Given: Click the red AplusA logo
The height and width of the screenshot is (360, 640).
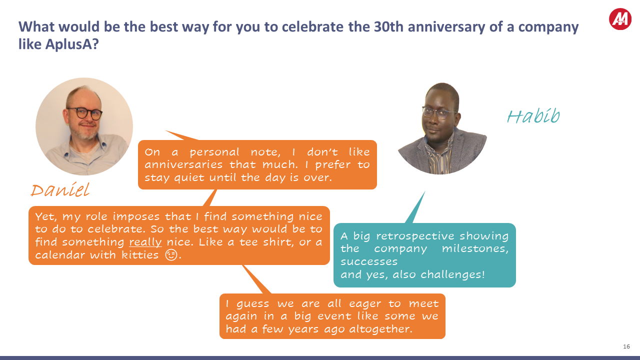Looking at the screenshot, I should (620, 19).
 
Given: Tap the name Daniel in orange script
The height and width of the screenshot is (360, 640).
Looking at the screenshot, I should (60, 190).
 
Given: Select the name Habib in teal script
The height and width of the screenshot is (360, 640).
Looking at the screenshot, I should (533, 116).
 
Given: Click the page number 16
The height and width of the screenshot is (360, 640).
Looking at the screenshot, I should (626, 346).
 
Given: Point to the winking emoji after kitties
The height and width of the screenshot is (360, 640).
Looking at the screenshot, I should (171, 255).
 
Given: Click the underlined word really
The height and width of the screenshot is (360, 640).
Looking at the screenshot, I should (145, 242).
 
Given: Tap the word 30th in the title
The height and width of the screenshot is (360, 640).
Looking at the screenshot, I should (390, 26).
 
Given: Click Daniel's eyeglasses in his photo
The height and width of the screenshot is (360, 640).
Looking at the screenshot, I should (84, 113).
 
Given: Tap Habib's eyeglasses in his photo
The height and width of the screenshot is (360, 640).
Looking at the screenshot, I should (439, 112).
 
